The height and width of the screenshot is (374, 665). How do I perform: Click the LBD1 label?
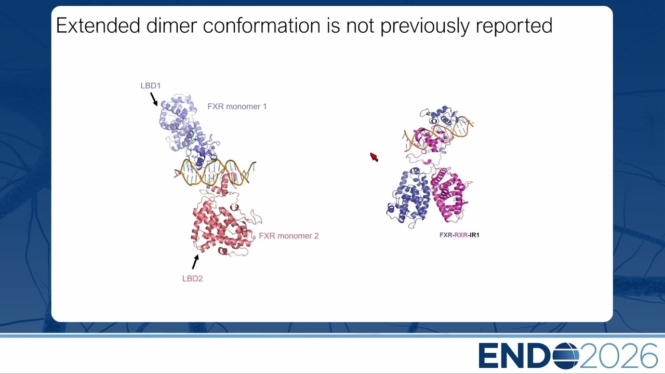pos(151,86)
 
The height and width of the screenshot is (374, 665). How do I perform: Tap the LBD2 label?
pos(192,279)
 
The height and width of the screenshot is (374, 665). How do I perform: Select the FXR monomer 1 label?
pos(237,106)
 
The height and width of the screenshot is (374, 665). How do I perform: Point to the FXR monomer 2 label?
pos(288,236)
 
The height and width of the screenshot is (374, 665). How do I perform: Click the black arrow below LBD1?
pos(154,99)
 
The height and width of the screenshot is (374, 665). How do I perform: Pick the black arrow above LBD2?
pos(195,262)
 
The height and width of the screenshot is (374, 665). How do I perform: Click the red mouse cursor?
pos(374,157)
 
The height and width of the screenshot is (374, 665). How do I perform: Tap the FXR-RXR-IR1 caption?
pos(459,235)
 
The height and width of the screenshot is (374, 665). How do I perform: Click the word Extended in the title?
pos(98,25)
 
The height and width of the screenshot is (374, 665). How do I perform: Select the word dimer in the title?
pos(172,25)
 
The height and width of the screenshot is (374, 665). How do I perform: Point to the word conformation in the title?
pos(262,25)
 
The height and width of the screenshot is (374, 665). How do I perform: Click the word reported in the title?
pos(514,26)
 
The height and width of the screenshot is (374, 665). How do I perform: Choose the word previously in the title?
pos(425,26)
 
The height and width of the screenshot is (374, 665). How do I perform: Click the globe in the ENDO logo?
pos(566,356)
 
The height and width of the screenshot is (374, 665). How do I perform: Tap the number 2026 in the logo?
pos(618,356)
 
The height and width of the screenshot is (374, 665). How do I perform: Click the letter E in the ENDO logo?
pos(489,356)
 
